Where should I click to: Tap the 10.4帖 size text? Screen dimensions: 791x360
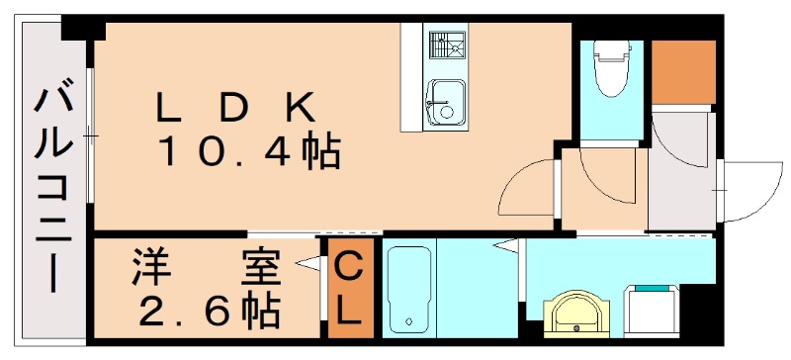click(249, 152)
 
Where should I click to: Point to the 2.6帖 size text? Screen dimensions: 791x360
click(209, 312)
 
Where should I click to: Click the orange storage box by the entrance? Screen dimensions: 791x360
click(682, 71)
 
